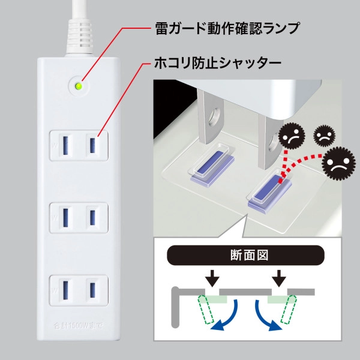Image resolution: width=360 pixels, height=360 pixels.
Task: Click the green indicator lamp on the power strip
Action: tap(77, 86)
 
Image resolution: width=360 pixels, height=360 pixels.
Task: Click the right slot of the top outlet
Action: tap(92, 145)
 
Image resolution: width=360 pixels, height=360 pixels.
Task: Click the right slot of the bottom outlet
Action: tap(92, 289)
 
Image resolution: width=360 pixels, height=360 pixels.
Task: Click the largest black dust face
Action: tap(338, 163)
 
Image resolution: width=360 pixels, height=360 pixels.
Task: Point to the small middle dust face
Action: tap(323, 134)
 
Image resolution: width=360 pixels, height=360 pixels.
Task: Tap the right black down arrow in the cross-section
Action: tap(279, 278)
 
